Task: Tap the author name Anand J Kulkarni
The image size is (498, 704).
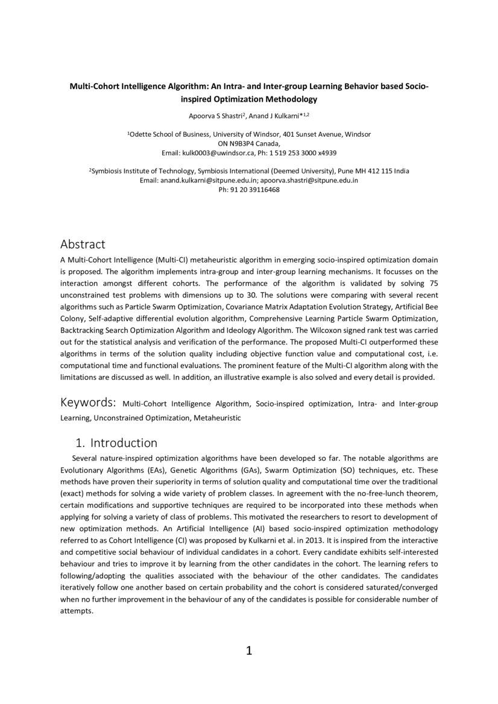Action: pos(274,115)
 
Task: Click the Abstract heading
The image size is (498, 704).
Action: pos(83,244)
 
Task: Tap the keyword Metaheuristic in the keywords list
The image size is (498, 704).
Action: pos(217,417)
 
